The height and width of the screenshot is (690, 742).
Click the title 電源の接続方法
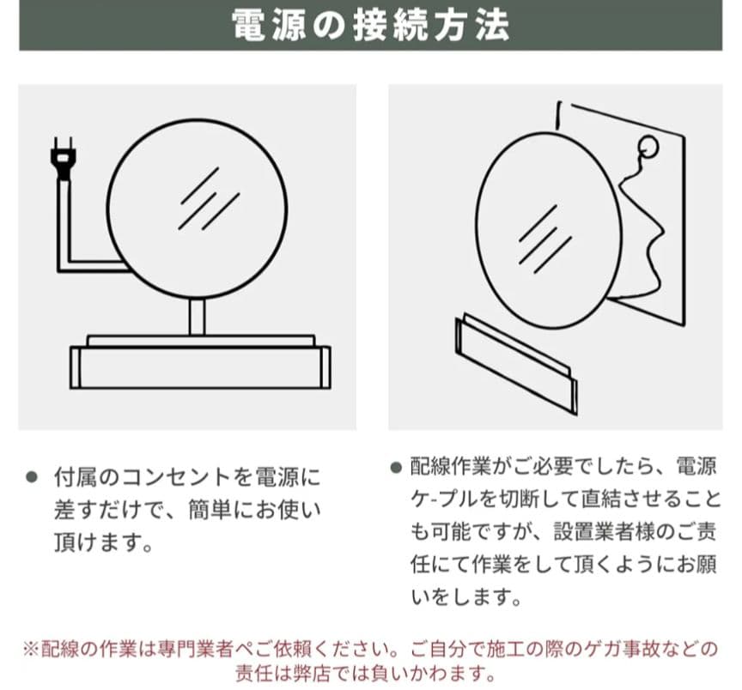click(370, 25)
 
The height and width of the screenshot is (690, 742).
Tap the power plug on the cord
click(63, 159)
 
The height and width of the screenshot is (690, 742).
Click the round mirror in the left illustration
click(197, 209)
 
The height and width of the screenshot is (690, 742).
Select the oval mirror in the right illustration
click(548, 230)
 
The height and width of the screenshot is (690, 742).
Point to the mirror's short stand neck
click(197, 318)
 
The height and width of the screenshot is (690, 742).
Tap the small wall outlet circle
click(648, 146)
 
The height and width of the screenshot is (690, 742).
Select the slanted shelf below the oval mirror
click(516, 363)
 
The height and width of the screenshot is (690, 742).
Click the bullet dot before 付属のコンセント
click(31, 476)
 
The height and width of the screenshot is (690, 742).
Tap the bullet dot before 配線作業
click(396, 468)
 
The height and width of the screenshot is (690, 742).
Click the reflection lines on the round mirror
click(209, 198)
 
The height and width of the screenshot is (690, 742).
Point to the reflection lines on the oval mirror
click(544, 239)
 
